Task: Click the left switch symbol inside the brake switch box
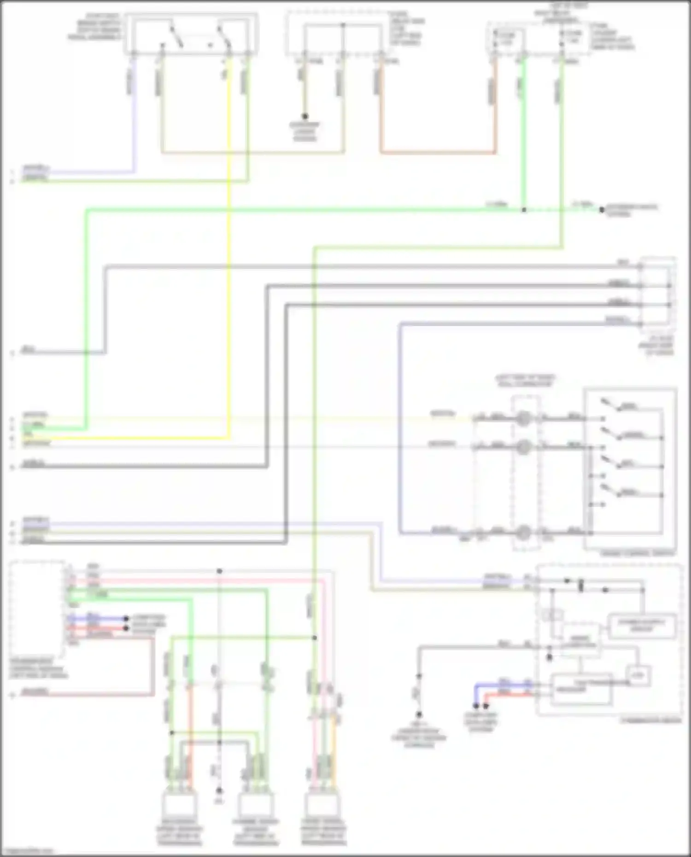pos(176,37)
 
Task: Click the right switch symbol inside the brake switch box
pos(225,37)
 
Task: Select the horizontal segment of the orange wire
pos(438,152)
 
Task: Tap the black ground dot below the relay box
pos(305,117)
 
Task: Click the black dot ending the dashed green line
pos(602,210)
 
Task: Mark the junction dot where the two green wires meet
pos(524,210)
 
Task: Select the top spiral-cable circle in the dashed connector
pos(523,419)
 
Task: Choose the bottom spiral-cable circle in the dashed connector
pos(523,533)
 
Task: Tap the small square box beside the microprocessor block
pos(638,676)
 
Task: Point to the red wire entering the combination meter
pos(507,693)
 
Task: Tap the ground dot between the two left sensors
pos(219,790)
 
